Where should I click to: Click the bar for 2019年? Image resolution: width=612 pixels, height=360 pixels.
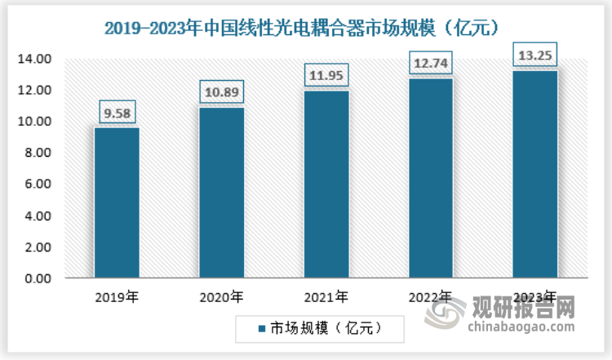pyautogui.click(x=117, y=202)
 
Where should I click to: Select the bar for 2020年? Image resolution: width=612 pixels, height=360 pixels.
pyautogui.click(x=221, y=193)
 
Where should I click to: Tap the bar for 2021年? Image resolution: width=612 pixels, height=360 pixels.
pyautogui.click(x=326, y=184)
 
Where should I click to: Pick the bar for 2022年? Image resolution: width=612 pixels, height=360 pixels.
pyautogui.click(x=430, y=178)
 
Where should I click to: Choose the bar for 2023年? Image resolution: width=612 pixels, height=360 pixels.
pyautogui.click(x=534, y=174)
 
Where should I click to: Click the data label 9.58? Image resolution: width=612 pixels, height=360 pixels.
pyautogui.click(x=117, y=110)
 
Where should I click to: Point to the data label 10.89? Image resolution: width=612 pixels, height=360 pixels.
pyautogui.click(x=221, y=90)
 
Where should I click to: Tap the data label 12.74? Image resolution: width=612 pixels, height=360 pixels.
pyautogui.click(x=430, y=61)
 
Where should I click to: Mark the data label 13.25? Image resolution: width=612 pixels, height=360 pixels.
pyautogui.click(x=534, y=54)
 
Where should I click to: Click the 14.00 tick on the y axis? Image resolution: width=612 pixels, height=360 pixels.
pyautogui.click(x=34, y=59)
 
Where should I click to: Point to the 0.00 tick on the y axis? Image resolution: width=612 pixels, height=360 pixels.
pyautogui.click(x=37, y=278)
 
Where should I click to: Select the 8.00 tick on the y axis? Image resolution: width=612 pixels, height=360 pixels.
pyautogui.click(x=37, y=153)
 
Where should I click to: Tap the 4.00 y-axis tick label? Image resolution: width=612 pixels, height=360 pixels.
pyautogui.click(x=37, y=216)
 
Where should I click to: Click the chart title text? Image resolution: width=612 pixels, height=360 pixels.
pyautogui.click(x=307, y=27)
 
